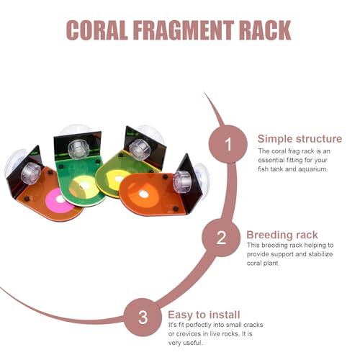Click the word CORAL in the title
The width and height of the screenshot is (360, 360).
tap(96, 30)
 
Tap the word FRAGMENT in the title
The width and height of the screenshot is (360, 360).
tap(184, 30)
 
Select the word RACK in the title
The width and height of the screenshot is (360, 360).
tap(265, 30)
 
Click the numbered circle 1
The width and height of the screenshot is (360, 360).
tap(228, 144)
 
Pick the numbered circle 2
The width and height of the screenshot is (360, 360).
tap(221, 238)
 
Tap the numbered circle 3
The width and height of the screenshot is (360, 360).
tap(143, 317)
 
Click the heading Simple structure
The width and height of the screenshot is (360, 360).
tap(300, 139)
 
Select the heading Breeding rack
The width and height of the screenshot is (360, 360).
tap(282, 235)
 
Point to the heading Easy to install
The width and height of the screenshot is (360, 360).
tap(204, 315)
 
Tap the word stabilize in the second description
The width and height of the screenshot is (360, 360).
tap(320, 254)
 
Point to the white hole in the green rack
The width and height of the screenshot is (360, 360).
tap(84, 186)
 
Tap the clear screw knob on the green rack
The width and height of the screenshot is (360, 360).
tap(78, 150)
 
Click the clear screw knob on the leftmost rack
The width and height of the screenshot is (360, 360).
tap(30, 174)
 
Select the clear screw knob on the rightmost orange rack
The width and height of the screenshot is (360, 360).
tap(182, 181)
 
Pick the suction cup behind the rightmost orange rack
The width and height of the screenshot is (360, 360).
tap(202, 181)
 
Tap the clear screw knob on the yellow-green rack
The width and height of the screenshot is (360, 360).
tap(140, 149)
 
